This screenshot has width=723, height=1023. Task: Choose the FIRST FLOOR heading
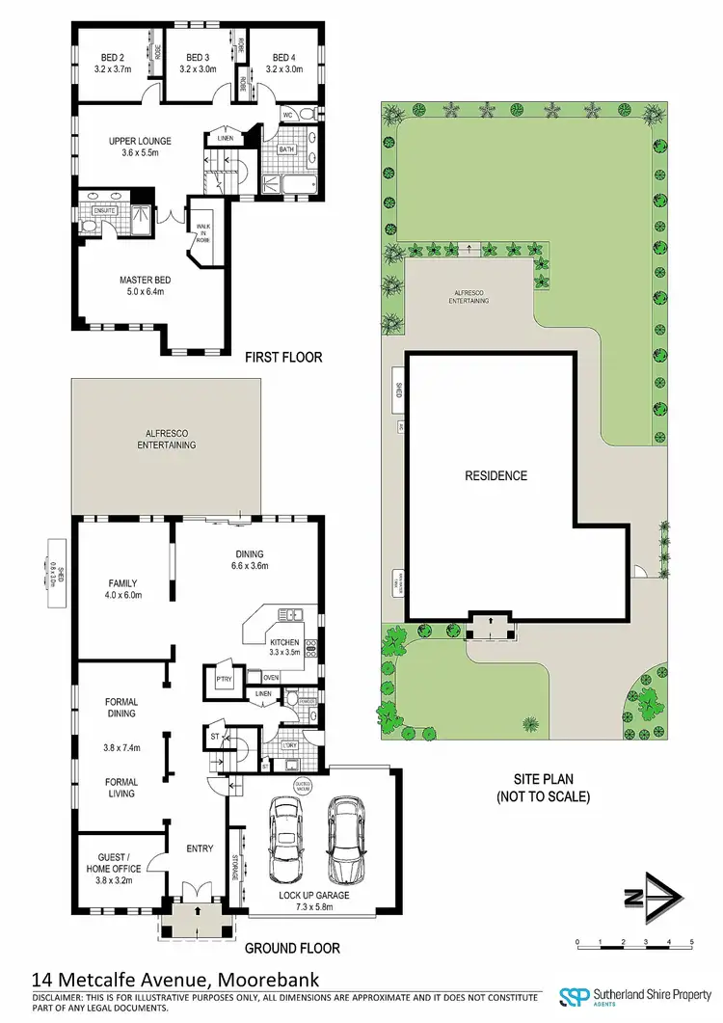(x=282, y=358)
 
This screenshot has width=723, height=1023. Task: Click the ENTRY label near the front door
(x=200, y=848)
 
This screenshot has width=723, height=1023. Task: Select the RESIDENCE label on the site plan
(x=496, y=475)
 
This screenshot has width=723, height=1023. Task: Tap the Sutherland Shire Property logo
(x=628, y=998)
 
